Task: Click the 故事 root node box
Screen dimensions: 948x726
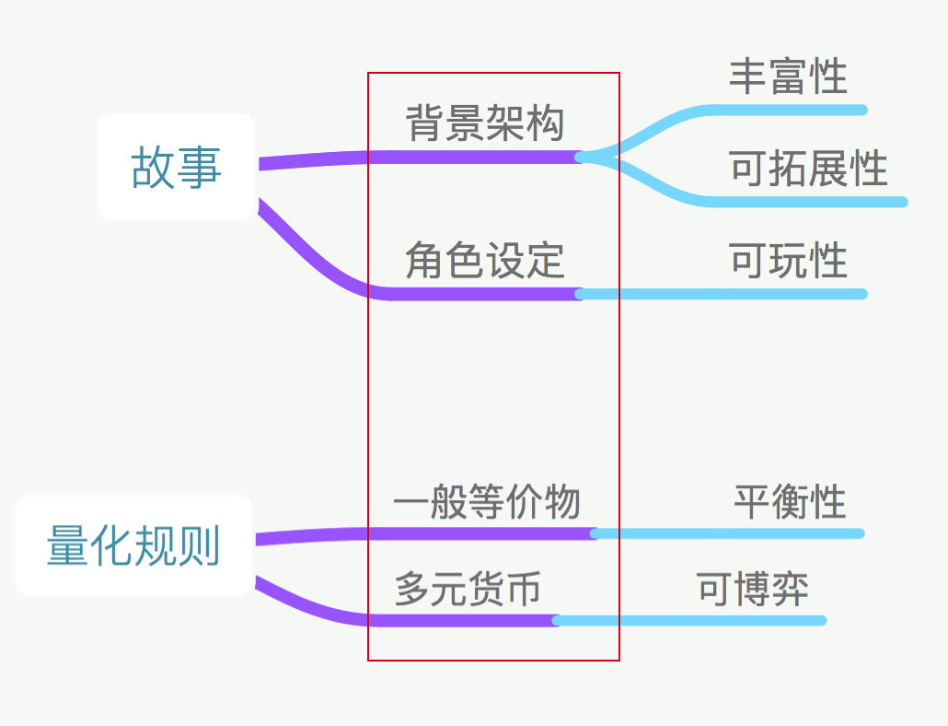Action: click(176, 167)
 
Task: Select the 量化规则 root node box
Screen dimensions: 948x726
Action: click(133, 545)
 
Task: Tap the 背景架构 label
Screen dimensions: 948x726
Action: click(484, 123)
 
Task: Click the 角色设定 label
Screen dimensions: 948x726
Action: click(484, 261)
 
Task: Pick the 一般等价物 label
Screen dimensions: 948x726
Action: click(486, 503)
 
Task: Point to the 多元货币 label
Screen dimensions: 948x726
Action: click(468, 590)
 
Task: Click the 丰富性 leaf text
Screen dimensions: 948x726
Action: click(788, 76)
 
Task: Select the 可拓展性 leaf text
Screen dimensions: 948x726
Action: click(808, 170)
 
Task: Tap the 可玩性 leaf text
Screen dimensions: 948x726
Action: click(788, 261)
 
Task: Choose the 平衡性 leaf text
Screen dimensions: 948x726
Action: click(790, 503)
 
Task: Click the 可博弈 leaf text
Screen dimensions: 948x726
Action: click(753, 590)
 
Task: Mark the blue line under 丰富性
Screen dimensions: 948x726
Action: click(792, 111)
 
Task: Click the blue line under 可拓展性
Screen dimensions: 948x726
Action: click(810, 202)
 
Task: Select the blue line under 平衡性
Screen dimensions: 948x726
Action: click(736, 533)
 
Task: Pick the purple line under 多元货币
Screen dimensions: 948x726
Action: click(460, 619)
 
